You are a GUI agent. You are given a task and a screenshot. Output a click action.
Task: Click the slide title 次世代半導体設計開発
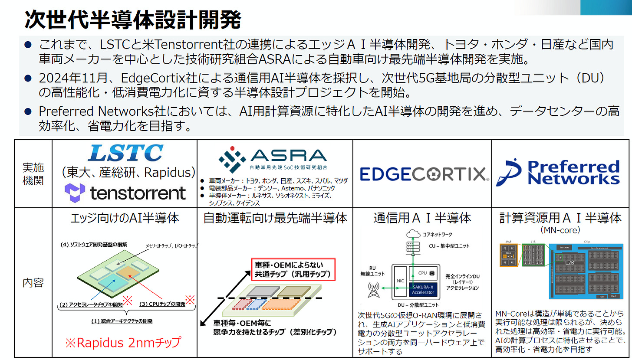(x=133, y=20)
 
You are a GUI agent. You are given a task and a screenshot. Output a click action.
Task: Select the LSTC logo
(x=125, y=153)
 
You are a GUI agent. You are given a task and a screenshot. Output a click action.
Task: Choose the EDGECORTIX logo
(x=422, y=174)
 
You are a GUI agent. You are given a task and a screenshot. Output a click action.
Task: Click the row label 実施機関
(x=33, y=174)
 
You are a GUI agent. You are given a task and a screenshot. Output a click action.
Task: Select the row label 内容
(x=33, y=283)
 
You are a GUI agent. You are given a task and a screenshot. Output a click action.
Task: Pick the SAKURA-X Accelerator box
(x=423, y=289)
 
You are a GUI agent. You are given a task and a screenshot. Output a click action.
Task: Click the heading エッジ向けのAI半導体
(x=125, y=218)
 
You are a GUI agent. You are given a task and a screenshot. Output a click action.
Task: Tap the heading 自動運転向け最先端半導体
(x=275, y=218)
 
